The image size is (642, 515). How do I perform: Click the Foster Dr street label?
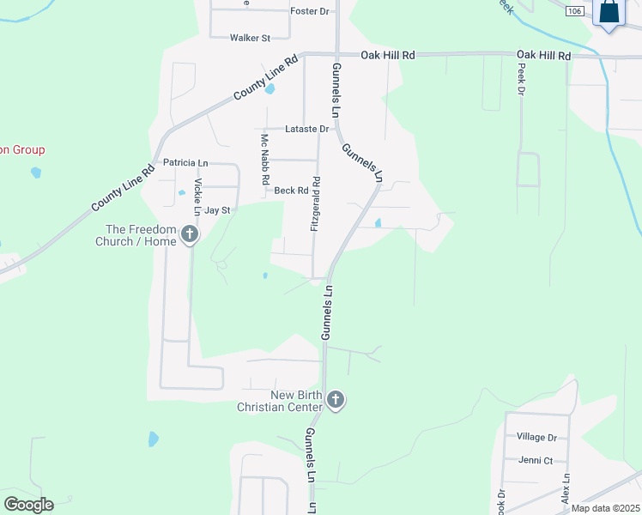[x=310, y=11]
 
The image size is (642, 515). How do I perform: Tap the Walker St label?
[x=250, y=38]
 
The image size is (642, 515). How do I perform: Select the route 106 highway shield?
[x=576, y=10]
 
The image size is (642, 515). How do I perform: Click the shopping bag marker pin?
[x=609, y=13]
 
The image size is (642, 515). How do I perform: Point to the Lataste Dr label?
[x=307, y=129]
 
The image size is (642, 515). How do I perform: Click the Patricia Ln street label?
[x=185, y=162]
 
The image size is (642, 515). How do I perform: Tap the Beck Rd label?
[x=291, y=191]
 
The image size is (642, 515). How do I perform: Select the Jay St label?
[x=217, y=210]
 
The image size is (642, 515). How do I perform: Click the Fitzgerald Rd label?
[x=316, y=203]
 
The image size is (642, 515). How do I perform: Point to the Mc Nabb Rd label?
[x=265, y=161]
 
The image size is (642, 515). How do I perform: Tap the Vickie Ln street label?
[x=197, y=197]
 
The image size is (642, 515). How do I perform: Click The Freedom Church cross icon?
[x=190, y=233]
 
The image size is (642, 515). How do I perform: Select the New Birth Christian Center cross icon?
[x=336, y=399]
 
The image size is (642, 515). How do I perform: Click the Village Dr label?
[x=536, y=437]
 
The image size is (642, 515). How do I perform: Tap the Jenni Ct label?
[x=536, y=460]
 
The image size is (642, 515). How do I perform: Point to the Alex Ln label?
[x=566, y=488]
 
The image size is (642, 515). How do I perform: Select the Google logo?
[x=28, y=505]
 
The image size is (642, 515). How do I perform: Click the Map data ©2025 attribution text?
[x=605, y=508]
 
